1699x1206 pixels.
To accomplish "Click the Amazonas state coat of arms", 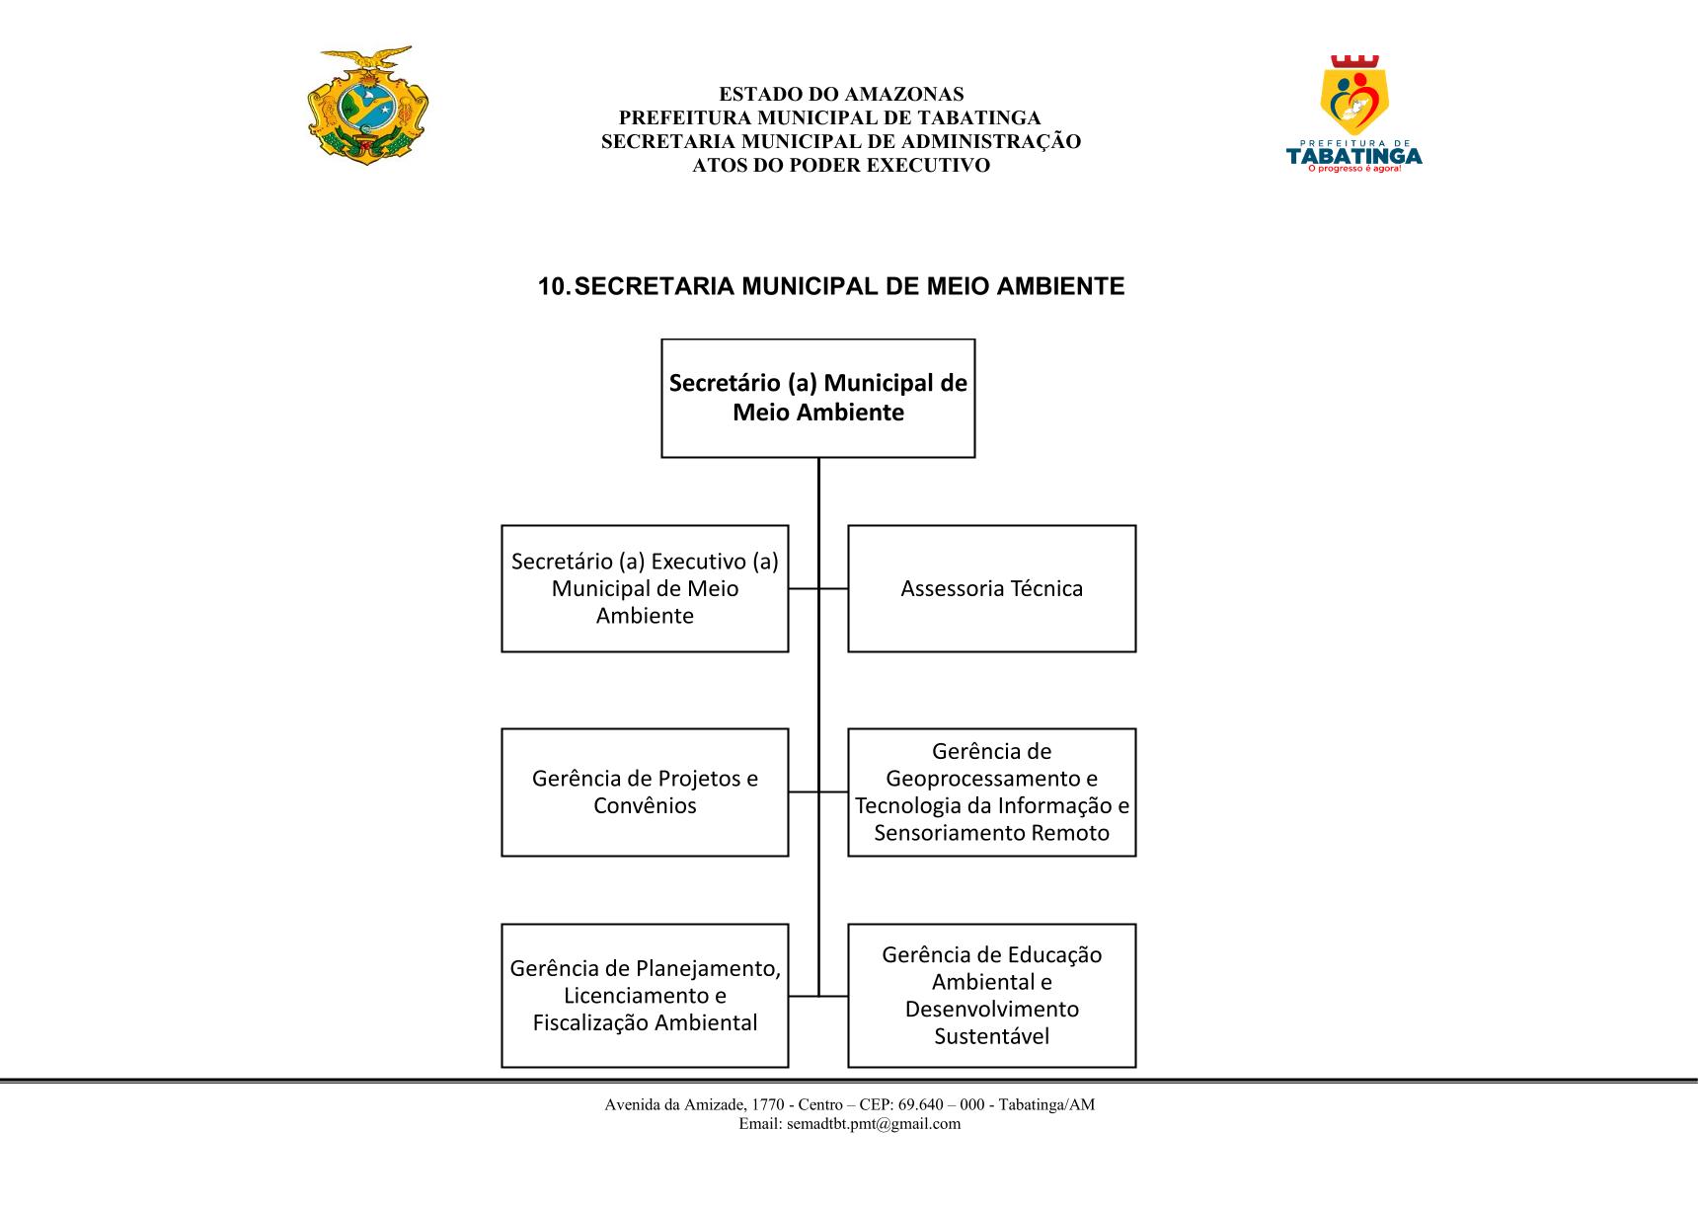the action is click(x=368, y=105).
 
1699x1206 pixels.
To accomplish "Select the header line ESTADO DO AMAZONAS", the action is click(x=841, y=95).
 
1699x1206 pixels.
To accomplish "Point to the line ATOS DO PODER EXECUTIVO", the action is click(x=841, y=166).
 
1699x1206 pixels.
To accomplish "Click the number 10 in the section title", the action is click(x=552, y=286).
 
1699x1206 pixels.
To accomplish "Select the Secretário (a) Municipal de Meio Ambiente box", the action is click(x=818, y=399).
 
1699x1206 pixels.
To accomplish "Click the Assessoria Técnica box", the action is click(x=992, y=588).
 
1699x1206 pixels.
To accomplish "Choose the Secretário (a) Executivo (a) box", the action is click(x=645, y=588).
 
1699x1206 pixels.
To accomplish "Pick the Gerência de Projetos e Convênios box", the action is click(x=645, y=792).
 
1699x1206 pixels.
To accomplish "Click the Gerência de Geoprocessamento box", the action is click(x=992, y=792).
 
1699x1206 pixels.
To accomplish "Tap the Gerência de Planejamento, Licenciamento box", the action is click(x=645, y=996).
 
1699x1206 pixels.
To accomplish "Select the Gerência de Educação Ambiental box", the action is click(x=992, y=996).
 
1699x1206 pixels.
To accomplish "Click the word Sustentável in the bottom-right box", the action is click(x=992, y=1036).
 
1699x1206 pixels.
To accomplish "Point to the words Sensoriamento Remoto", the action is click(x=992, y=833).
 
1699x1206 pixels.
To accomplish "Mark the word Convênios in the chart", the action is click(x=645, y=806).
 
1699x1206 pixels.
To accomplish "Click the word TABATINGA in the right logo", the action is click(x=1353, y=155).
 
